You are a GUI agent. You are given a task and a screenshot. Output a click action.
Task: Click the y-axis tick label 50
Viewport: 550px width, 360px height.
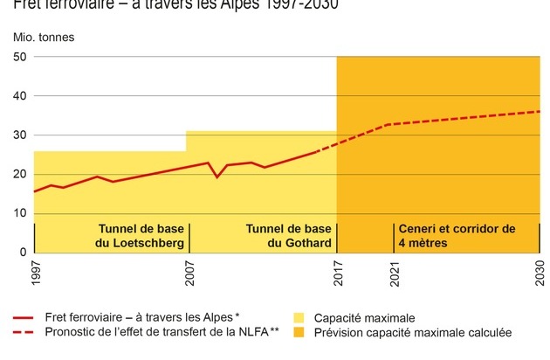(x=20, y=58)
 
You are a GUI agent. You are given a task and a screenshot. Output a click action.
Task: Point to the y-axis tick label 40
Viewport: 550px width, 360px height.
(x=20, y=97)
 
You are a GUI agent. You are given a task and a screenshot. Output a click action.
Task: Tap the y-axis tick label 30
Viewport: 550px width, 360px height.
(x=20, y=135)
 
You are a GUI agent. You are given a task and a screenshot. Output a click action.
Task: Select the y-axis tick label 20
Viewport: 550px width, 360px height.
(x=20, y=175)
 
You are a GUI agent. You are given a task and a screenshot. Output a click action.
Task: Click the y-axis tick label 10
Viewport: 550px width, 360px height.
(x=20, y=214)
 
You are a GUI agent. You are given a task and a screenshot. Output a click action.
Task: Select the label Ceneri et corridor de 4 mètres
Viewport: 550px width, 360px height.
(x=457, y=236)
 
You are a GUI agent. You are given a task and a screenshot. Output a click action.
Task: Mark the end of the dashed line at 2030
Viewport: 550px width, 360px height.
(x=540, y=111)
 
